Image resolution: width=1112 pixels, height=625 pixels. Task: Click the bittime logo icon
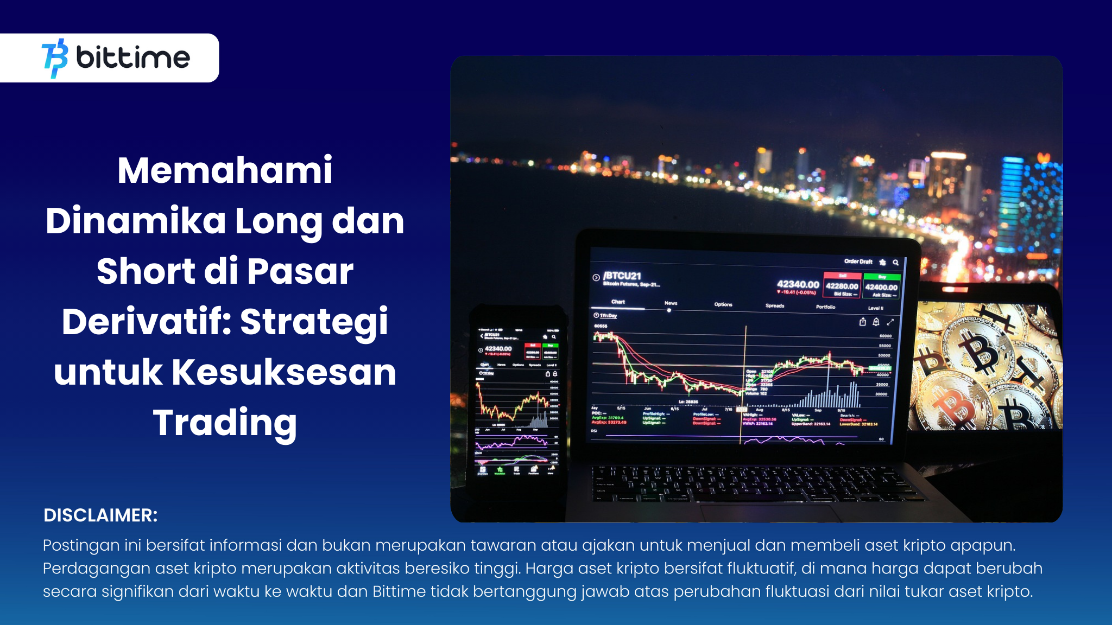coord(55,58)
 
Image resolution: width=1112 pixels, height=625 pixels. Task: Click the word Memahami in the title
coord(225,170)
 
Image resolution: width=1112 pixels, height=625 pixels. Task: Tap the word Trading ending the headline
coord(225,423)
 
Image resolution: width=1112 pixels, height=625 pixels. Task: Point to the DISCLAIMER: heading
coord(100,515)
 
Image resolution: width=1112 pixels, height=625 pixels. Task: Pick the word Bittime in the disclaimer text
coord(399,591)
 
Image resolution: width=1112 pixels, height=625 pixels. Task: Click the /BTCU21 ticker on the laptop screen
coord(622,276)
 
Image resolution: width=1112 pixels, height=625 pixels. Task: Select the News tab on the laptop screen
coord(671,303)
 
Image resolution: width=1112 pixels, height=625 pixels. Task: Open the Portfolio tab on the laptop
coord(825,307)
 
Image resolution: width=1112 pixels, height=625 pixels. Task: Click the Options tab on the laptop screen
coord(723,304)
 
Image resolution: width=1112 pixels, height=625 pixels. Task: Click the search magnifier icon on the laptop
coord(896,263)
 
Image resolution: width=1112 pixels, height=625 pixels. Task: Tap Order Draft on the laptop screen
coord(858,262)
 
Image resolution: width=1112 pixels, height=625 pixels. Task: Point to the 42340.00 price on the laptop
coord(798,284)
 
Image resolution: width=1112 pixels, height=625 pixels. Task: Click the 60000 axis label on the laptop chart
coord(885,336)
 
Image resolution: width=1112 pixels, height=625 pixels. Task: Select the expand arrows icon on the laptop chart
coord(890,322)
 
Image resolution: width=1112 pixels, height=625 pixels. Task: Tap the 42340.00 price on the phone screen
coord(498,349)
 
